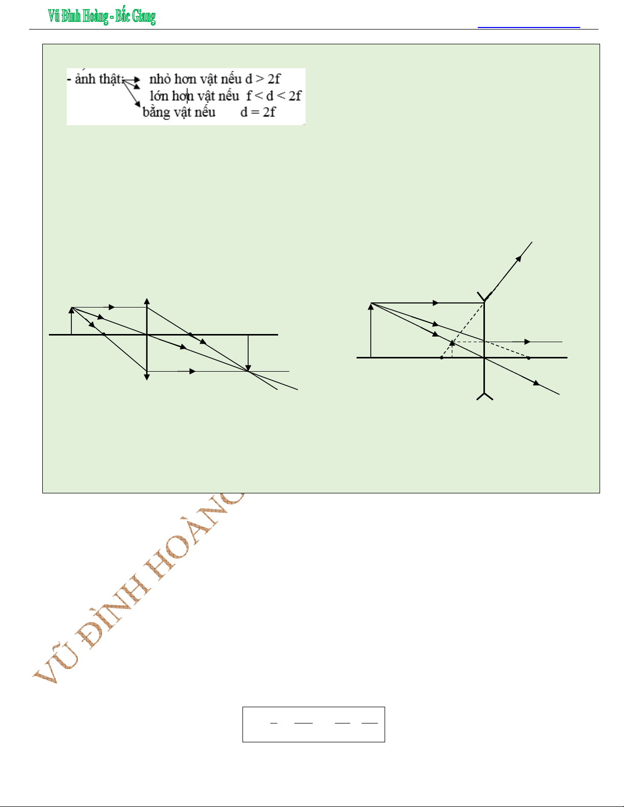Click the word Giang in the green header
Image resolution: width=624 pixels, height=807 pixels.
(x=144, y=17)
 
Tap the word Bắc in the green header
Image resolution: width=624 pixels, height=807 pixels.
(x=123, y=16)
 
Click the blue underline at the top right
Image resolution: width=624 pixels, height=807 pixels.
(x=529, y=27)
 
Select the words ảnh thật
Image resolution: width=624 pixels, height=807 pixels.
(x=98, y=78)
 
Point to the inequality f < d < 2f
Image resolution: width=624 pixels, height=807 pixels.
(x=274, y=96)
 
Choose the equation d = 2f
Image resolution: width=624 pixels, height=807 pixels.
(x=258, y=112)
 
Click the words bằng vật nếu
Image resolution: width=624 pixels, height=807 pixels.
(x=179, y=112)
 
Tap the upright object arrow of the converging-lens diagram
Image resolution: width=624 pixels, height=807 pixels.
(x=72, y=321)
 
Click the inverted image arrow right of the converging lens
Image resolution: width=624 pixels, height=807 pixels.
(x=248, y=353)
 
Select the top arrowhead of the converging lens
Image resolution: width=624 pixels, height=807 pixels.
(x=147, y=301)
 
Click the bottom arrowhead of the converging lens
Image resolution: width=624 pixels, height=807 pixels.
(x=147, y=377)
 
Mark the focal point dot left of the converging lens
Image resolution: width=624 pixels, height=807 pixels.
(x=103, y=334)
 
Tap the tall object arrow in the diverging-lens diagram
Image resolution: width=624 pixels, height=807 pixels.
(x=371, y=330)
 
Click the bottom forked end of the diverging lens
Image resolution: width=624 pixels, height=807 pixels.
(x=485, y=396)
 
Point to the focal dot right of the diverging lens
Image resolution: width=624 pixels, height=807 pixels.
(x=529, y=358)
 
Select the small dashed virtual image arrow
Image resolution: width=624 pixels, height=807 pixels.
(x=452, y=349)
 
